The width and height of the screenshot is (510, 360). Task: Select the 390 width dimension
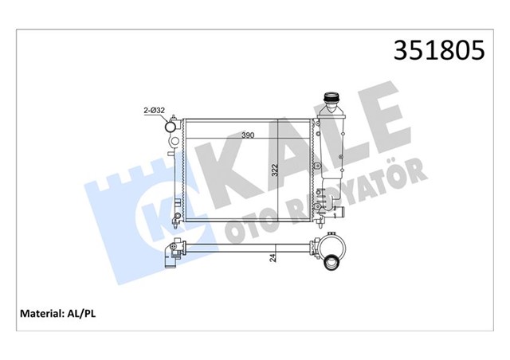249,136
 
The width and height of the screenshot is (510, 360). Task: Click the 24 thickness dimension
273,257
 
